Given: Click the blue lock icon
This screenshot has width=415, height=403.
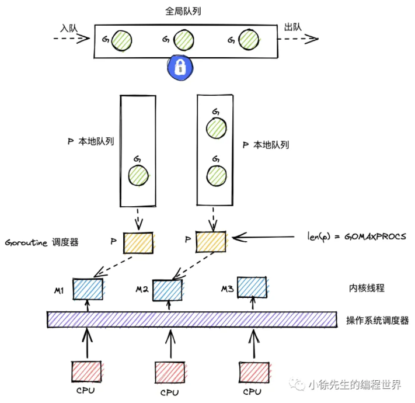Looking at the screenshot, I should tap(180, 67).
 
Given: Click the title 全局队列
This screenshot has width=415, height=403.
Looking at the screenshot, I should tap(183, 12).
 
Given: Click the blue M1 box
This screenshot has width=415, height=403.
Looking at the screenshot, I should tap(88, 289).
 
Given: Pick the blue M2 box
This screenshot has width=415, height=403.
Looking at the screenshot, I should tap(168, 289).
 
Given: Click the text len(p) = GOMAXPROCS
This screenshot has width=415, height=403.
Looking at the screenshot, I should tap(356, 237).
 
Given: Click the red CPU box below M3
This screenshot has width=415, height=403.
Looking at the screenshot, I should tap(254, 371).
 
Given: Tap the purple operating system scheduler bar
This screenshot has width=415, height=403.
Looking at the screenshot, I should tap(192, 319).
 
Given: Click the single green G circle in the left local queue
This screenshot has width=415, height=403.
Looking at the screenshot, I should tap(138, 175).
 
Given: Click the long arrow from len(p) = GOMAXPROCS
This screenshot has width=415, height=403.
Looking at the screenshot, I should tap(266, 237).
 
